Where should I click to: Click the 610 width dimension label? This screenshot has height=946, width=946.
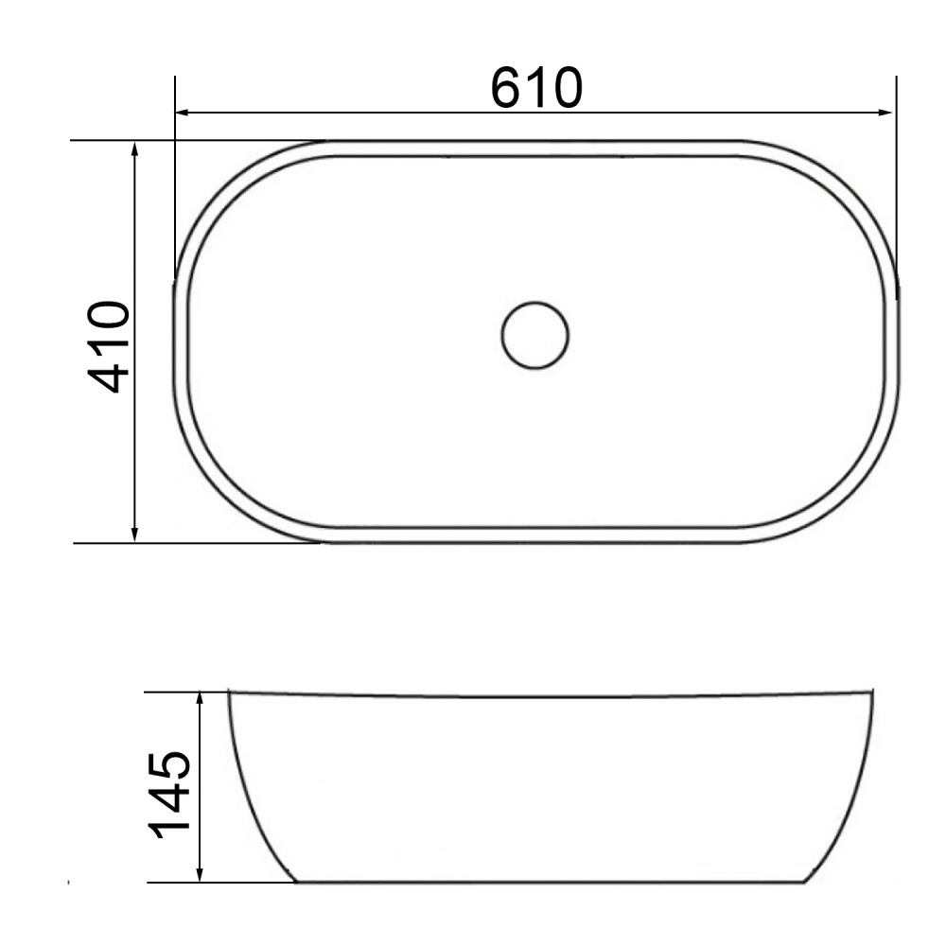tap(535, 88)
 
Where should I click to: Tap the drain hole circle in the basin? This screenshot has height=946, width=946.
tap(534, 335)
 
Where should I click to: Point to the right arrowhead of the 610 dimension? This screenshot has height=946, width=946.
tap(886, 113)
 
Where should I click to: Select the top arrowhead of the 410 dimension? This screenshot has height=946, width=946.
tap(135, 149)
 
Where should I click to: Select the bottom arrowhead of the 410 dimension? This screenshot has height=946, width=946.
tap(135, 534)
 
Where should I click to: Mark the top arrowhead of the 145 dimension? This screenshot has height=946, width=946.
tap(200, 699)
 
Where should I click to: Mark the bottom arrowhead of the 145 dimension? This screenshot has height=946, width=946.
tap(200, 874)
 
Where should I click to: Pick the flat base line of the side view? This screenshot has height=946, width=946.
tap(549, 882)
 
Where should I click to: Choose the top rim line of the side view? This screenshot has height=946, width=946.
tap(549, 696)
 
